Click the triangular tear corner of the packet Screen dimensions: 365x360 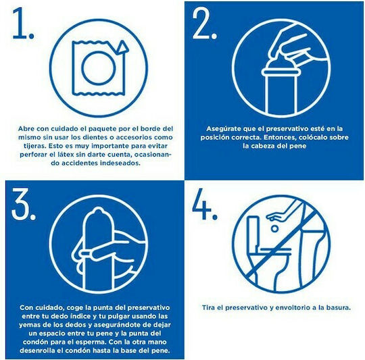122,47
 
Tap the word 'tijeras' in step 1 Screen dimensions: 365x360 34,146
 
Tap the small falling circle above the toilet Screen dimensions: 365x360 274,229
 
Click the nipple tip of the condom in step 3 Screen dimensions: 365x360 98,211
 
